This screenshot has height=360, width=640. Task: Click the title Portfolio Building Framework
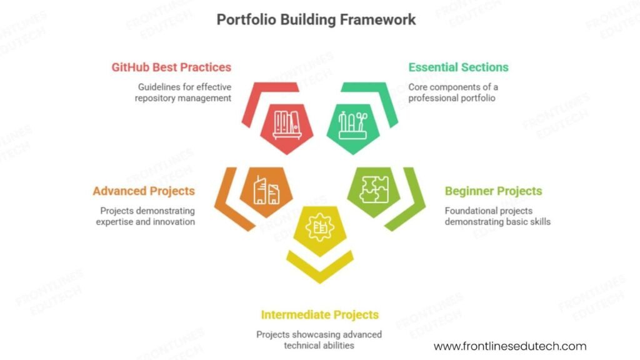(316, 19)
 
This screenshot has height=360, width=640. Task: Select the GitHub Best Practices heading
(171, 67)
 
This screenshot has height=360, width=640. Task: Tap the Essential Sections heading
(458, 67)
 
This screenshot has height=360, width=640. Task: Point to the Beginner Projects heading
(493, 191)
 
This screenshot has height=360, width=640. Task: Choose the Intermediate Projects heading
(319, 314)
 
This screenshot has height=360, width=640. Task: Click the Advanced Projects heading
(144, 191)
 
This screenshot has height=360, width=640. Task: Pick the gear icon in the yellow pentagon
(319, 228)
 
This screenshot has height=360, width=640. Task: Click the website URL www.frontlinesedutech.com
(510, 346)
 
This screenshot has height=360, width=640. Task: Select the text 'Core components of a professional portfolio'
(452, 92)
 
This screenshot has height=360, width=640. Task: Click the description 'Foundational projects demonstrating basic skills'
(497, 216)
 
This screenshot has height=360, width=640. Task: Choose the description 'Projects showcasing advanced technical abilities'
(319, 340)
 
